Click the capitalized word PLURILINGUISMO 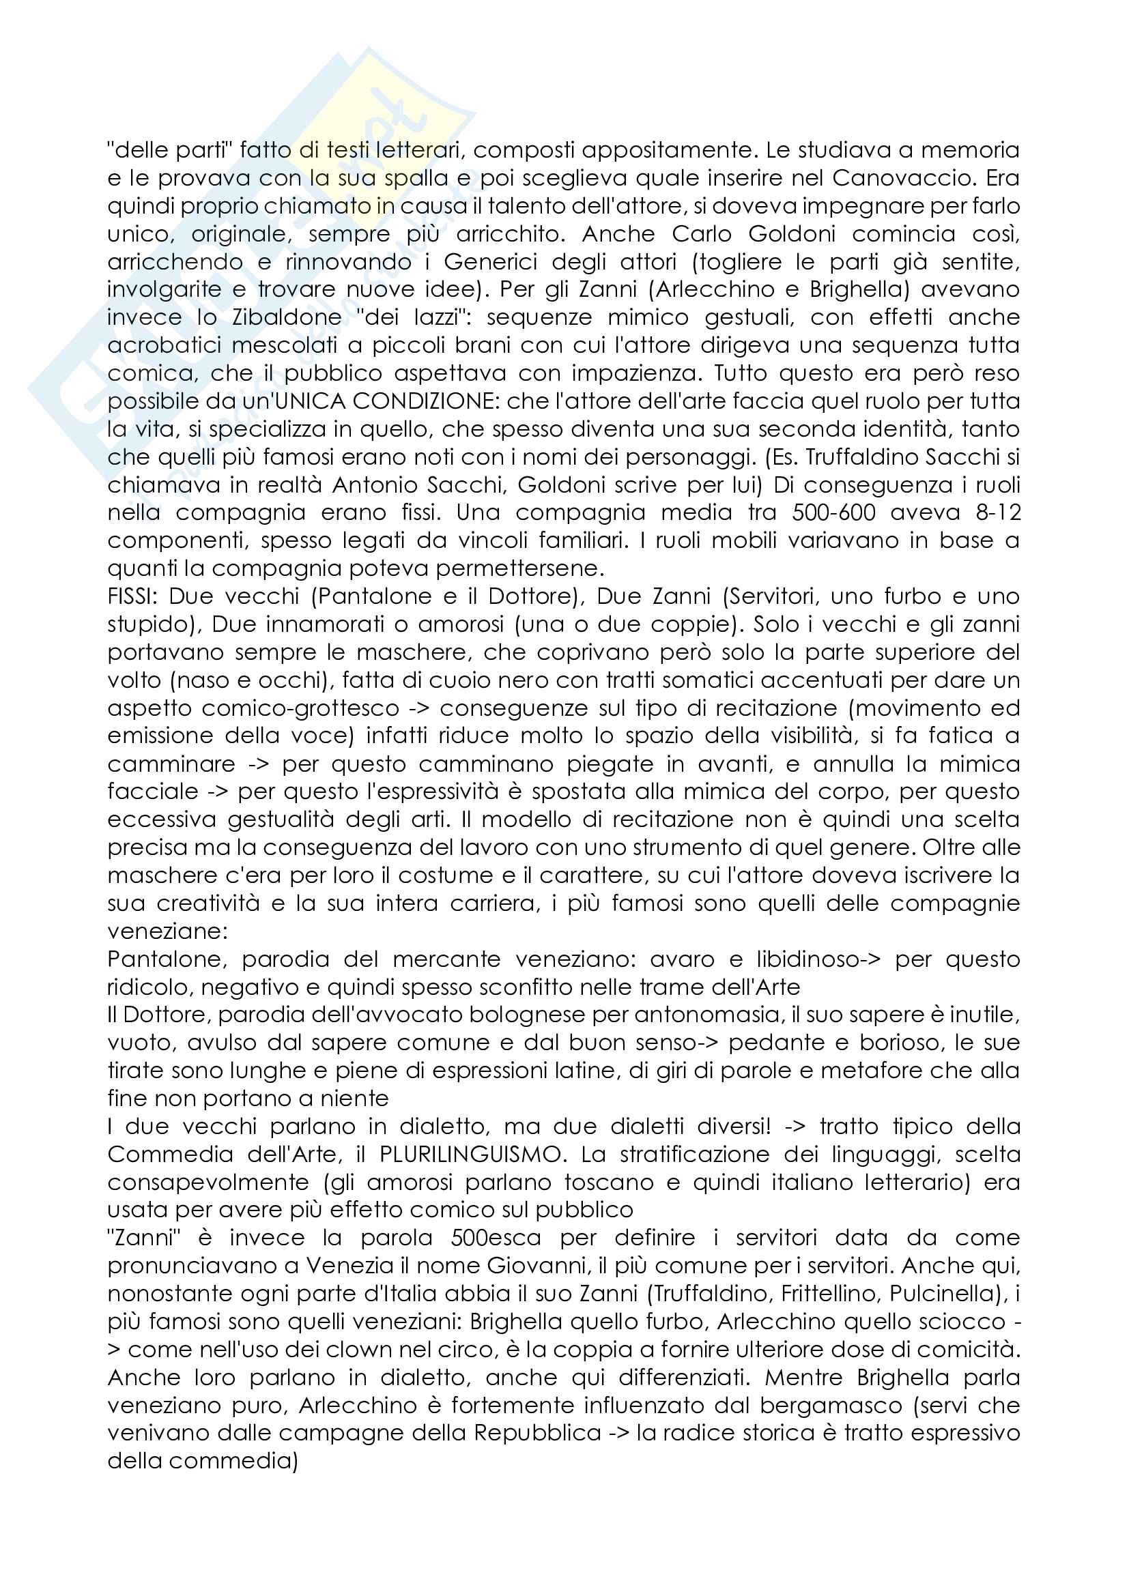click(x=470, y=1155)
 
